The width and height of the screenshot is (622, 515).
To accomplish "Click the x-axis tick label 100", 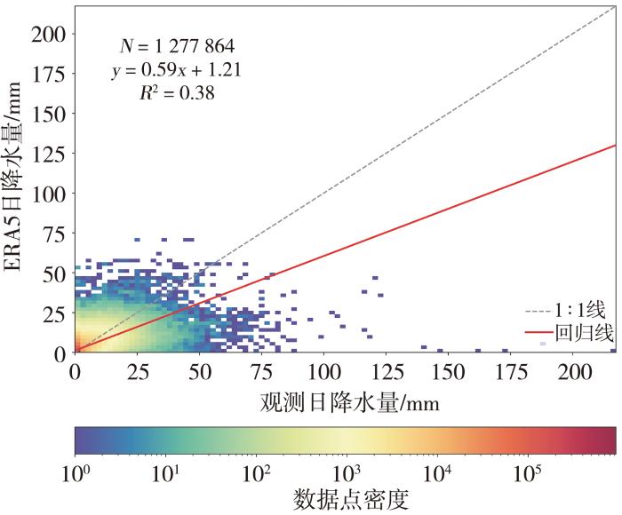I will (325, 370).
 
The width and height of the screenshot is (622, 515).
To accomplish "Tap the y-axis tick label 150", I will (48, 114).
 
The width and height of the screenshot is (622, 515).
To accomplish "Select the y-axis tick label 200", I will (48, 34).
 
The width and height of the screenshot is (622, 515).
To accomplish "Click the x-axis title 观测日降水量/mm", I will (350, 401).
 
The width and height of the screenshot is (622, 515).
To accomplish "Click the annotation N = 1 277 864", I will (178, 44).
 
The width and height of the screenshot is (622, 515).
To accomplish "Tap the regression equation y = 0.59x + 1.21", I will (177, 67).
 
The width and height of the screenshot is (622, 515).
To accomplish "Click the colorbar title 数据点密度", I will (350, 500).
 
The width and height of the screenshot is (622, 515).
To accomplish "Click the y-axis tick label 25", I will (53, 313).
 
